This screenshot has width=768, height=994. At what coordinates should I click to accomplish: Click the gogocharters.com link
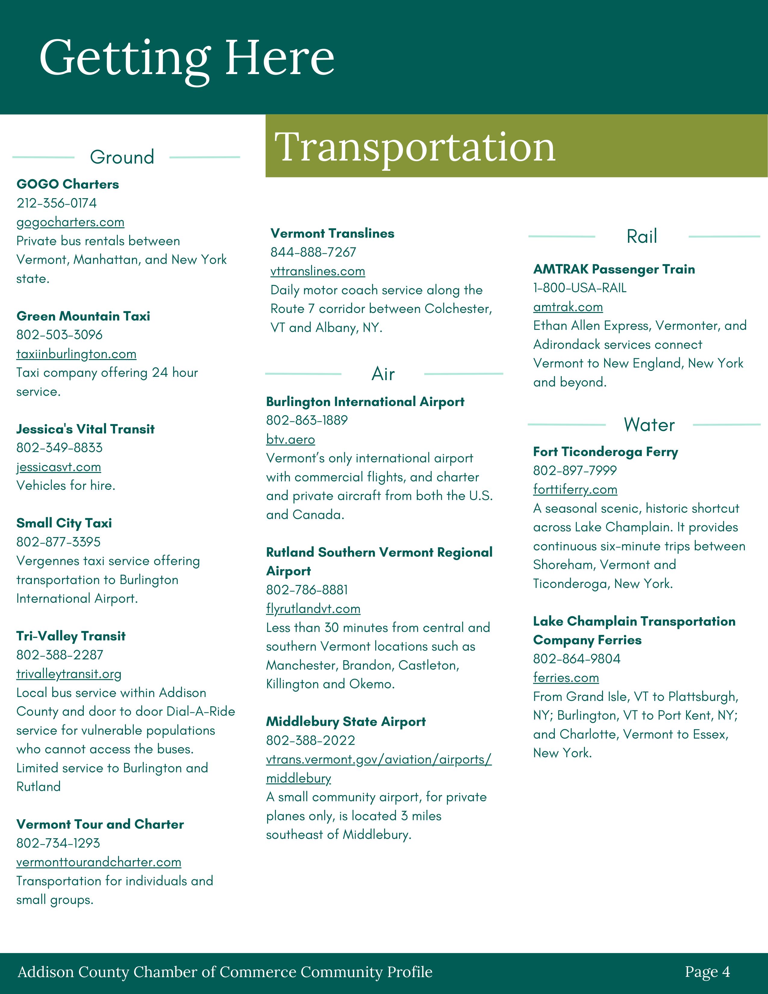70,222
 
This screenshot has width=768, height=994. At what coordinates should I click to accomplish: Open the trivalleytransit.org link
69,674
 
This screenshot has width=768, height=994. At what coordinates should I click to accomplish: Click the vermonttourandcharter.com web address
99,862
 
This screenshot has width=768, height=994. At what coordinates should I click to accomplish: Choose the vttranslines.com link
317,271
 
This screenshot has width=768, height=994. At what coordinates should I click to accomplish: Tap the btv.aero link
290,440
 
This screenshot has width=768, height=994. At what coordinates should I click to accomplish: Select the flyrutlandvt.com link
313,609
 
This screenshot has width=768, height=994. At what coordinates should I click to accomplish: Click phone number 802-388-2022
310,740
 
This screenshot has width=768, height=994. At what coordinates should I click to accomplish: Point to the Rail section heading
642,237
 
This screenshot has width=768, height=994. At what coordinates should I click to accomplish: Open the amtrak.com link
568,307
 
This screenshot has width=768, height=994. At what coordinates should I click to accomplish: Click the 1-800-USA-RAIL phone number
580,288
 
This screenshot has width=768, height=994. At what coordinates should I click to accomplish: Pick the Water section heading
649,425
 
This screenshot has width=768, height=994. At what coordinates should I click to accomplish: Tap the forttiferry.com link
575,490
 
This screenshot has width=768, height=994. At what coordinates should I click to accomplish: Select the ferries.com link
566,678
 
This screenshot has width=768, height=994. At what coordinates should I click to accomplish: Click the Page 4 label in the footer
707,972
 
